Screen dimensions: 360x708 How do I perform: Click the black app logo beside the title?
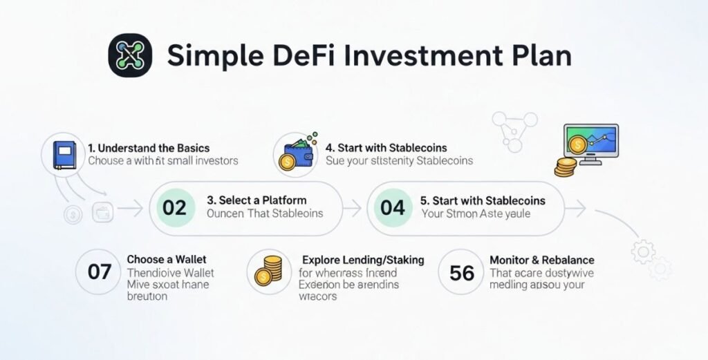click(130, 55)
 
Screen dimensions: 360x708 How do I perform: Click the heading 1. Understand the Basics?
click(149, 148)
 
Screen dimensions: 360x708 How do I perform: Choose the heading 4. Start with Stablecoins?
click(386, 148)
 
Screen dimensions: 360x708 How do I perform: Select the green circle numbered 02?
click(175, 207)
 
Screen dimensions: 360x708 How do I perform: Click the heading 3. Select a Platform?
click(257, 200)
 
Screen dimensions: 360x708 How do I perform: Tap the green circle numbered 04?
click(392, 207)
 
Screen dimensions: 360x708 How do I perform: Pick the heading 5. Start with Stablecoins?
click(483, 200)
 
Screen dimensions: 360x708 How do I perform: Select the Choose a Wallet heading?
click(166, 260)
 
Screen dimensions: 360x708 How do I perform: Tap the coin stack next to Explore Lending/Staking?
click(268, 269)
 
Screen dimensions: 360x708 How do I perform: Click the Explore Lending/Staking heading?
click(363, 260)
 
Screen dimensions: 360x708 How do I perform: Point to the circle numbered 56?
click(462, 272)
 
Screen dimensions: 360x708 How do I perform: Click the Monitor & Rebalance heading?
click(541, 260)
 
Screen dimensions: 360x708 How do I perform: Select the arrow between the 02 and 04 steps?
click(353, 206)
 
